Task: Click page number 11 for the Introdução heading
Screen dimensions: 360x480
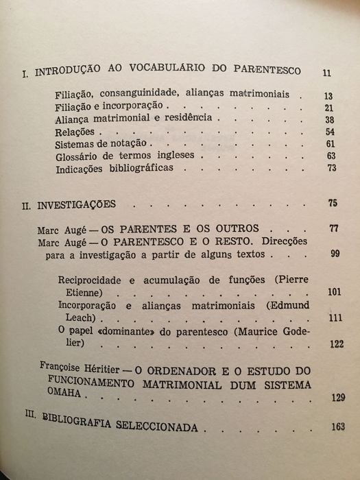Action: [x=326, y=72]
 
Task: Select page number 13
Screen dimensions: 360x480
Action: [x=329, y=95]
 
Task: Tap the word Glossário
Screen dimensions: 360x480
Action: [x=79, y=156]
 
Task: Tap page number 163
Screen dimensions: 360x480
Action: [x=335, y=427]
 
